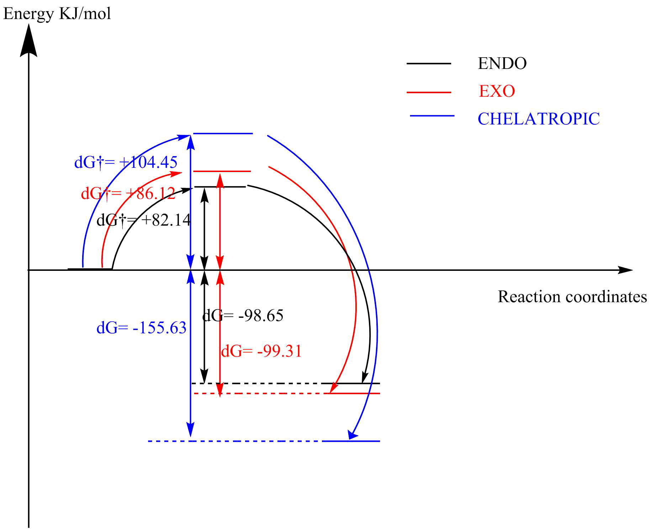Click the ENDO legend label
502,64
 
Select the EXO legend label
497,91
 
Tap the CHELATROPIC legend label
538,119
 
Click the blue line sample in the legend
432,116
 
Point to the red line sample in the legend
429,92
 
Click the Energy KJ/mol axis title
57,14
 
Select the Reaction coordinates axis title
572,297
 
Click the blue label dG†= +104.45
126,162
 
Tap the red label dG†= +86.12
128,194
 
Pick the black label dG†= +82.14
144,220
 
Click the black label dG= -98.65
243,316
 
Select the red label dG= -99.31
261,351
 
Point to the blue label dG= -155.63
141,328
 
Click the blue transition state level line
223,134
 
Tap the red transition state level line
222,171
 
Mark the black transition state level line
220,187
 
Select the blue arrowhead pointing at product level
353,434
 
